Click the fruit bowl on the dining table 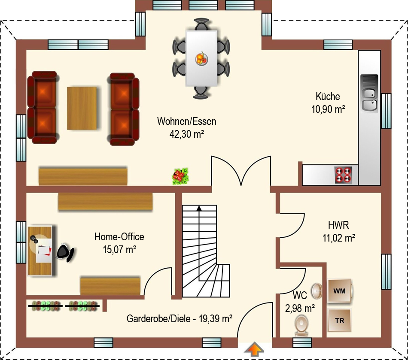click(x=201, y=59)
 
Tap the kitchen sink click(x=369, y=94)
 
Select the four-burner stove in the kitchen click(x=343, y=175)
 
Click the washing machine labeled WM click(x=340, y=291)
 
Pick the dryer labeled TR click(x=340, y=320)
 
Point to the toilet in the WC click(x=302, y=325)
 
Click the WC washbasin click(x=316, y=291)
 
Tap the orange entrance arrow click(x=254, y=350)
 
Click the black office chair click(x=65, y=252)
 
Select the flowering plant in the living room click(x=180, y=176)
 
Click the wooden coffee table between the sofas click(x=82, y=108)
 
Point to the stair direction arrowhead click(x=199, y=208)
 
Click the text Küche click(x=328, y=97)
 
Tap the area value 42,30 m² click(x=186, y=134)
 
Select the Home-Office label click(x=119, y=237)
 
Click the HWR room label click(x=338, y=225)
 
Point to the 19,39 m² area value click(x=216, y=318)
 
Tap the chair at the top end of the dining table click(x=201, y=24)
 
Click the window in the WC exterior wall click(x=302, y=342)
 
